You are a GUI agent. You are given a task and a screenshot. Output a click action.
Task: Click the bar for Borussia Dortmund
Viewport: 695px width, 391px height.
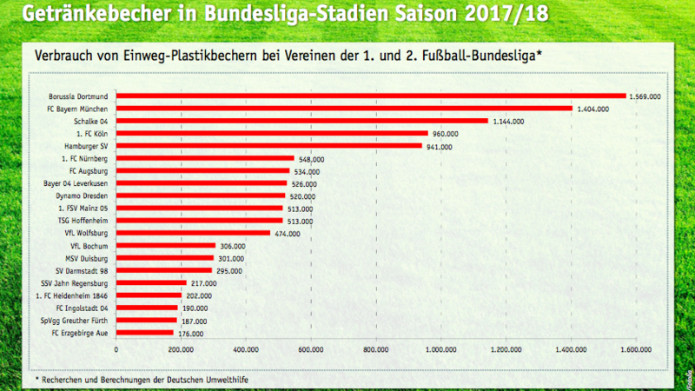(x=371, y=96)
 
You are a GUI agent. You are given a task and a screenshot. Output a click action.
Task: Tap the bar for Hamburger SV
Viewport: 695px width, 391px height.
(x=269, y=146)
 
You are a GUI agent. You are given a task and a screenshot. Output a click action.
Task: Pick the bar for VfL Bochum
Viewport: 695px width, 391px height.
(x=166, y=246)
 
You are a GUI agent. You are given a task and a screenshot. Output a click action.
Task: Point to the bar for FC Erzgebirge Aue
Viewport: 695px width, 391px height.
(x=145, y=333)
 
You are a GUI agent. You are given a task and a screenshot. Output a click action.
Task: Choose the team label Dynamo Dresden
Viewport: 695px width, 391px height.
(x=85, y=196)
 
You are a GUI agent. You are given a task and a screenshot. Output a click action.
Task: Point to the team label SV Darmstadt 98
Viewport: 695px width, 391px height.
(x=83, y=271)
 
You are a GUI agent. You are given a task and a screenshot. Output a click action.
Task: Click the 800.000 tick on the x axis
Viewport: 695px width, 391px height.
(x=375, y=350)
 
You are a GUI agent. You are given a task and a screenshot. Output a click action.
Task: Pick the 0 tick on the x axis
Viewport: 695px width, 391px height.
(x=116, y=350)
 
